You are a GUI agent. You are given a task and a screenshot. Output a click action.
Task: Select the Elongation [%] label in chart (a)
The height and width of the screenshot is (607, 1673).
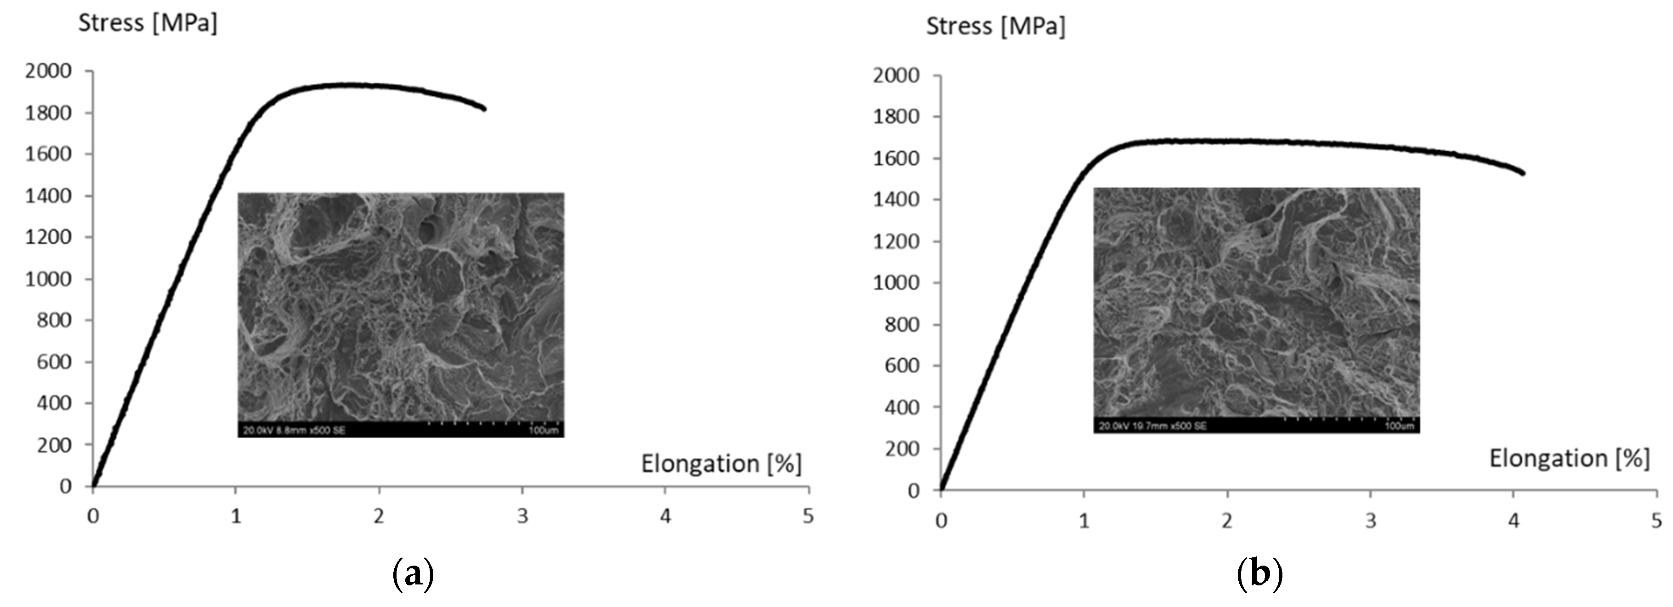(721, 464)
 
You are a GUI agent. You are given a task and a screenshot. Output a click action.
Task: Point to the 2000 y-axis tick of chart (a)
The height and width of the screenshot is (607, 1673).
(48, 71)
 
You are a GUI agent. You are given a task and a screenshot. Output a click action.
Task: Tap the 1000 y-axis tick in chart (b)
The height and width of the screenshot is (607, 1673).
(896, 283)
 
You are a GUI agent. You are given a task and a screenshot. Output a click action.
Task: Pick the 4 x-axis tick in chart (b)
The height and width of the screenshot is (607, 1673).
(1513, 521)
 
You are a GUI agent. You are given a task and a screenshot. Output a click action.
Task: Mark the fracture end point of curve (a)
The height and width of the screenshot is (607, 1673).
(484, 109)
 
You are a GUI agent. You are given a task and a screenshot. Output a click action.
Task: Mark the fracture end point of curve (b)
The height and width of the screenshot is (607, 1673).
(1522, 173)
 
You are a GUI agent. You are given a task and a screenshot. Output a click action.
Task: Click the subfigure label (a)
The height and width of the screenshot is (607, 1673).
(413, 574)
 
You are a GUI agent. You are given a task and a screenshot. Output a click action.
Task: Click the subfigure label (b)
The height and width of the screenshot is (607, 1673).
(1260, 574)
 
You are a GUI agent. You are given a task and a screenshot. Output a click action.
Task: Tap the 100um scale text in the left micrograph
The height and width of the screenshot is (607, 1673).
(543, 430)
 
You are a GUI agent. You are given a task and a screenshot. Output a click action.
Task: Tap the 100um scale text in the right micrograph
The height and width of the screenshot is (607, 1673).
(1399, 426)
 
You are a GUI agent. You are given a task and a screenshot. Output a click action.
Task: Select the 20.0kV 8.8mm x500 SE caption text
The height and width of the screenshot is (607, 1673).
(294, 430)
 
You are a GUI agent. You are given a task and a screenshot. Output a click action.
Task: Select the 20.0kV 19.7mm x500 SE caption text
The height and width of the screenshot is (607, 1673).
(1152, 426)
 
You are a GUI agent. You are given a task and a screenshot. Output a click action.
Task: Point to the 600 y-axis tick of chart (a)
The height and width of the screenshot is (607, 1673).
(54, 362)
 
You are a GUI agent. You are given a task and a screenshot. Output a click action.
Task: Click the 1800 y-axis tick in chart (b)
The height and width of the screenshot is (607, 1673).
(896, 117)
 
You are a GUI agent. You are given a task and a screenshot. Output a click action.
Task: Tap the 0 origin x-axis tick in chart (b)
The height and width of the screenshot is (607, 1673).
(941, 521)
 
